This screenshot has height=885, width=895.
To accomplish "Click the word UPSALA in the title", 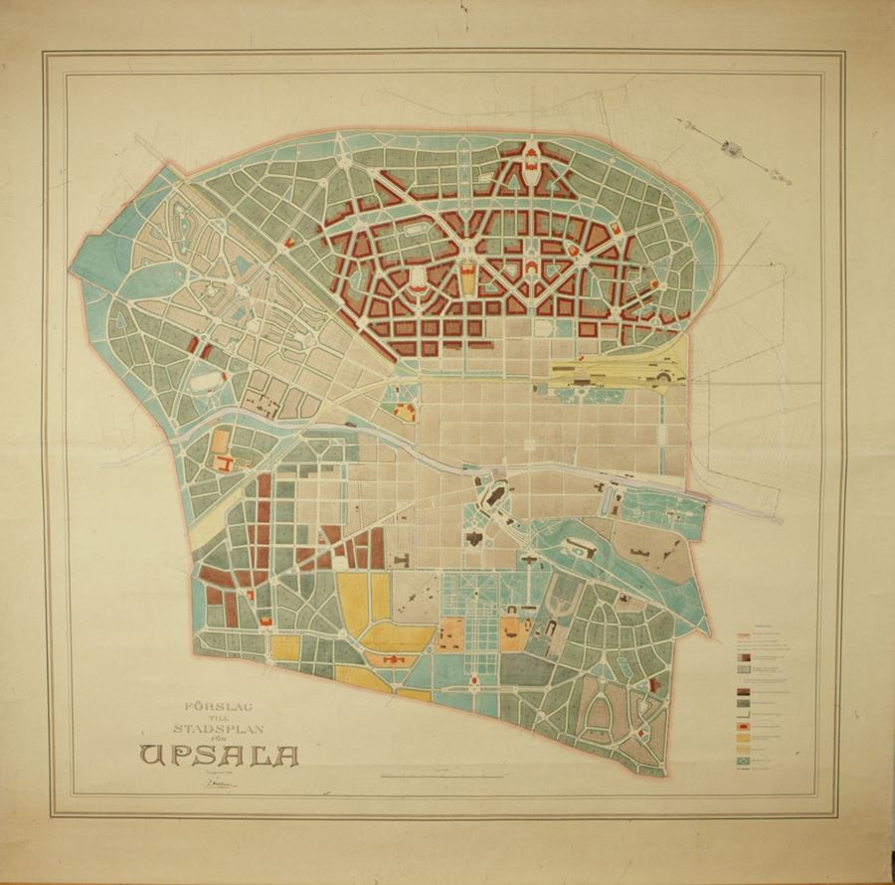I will (220, 755).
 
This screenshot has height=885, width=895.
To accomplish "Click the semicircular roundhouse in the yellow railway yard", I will (659, 375).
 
